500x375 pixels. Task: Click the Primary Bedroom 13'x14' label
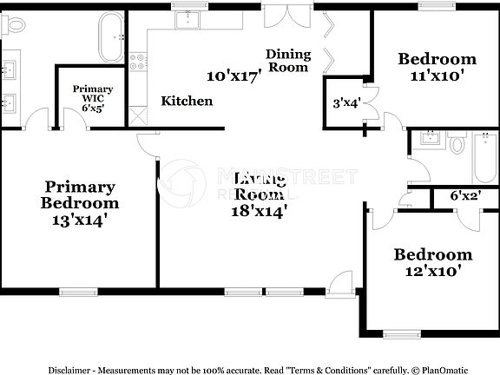[80, 203]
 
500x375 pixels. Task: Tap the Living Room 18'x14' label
[260, 194]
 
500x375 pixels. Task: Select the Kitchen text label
[187, 102]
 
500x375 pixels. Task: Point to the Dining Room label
[288, 60]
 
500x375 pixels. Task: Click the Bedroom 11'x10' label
[437, 67]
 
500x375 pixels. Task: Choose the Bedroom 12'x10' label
[433, 262]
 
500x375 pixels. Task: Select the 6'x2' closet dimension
[465, 196]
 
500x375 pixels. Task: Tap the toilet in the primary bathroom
[12, 26]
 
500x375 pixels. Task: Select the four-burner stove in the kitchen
[137, 62]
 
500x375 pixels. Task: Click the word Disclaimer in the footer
[71, 368]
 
